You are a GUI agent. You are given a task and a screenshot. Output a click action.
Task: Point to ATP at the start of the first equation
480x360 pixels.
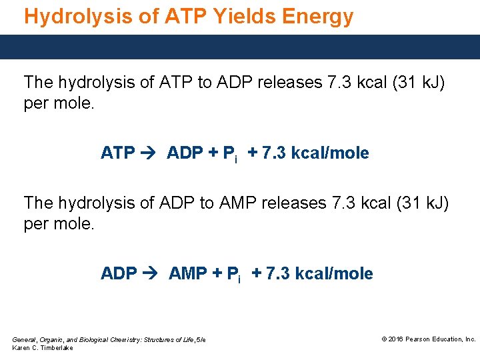tap(118, 153)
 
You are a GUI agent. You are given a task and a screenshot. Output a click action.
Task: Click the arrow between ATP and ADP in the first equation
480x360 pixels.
tap(150, 153)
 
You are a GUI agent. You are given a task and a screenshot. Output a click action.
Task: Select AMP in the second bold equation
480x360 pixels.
tap(188, 274)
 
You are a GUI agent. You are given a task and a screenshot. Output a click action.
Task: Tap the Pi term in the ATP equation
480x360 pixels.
tap(230, 155)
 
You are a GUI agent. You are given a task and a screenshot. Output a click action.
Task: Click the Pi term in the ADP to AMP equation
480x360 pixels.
tap(234, 275)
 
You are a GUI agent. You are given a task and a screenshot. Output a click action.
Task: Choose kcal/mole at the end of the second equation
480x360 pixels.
tap(334, 274)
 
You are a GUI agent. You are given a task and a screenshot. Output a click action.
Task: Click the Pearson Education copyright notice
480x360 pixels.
tap(429, 339)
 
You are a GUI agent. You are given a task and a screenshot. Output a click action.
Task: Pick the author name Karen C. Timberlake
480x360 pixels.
tap(43, 349)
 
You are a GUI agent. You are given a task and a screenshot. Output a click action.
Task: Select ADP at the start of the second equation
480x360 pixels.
tap(119, 274)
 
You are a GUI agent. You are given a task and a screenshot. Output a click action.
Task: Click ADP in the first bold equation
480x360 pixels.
tap(185, 153)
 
